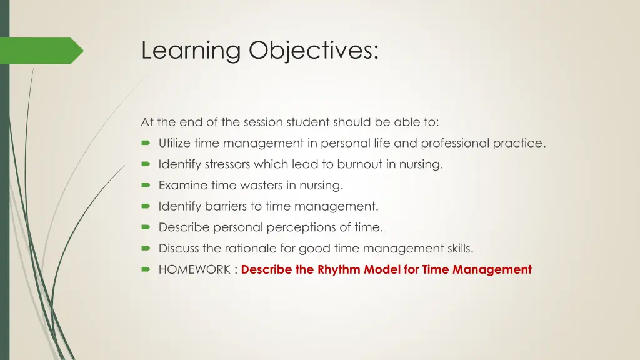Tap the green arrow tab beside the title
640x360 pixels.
coord(41,51)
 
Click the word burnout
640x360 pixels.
coord(359,164)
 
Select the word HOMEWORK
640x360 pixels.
coord(194,270)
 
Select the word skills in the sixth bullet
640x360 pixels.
coord(460,249)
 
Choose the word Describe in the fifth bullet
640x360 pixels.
coord(184,227)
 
